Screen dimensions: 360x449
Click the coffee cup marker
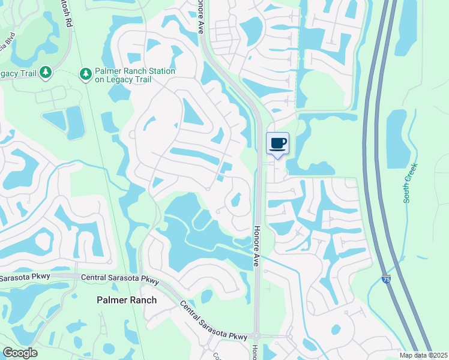tap(277, 143)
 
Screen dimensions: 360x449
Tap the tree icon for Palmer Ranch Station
tap(86, 73)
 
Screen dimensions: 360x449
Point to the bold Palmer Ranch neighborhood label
tap(127, 300)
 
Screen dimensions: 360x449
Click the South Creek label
tap(411, 182)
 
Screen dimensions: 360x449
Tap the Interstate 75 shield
tap(385, 280)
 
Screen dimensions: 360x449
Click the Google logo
tap(20, 353)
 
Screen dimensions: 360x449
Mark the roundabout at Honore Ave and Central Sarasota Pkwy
tap(257, 335)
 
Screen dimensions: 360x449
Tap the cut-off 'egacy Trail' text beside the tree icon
tap(18, 73)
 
